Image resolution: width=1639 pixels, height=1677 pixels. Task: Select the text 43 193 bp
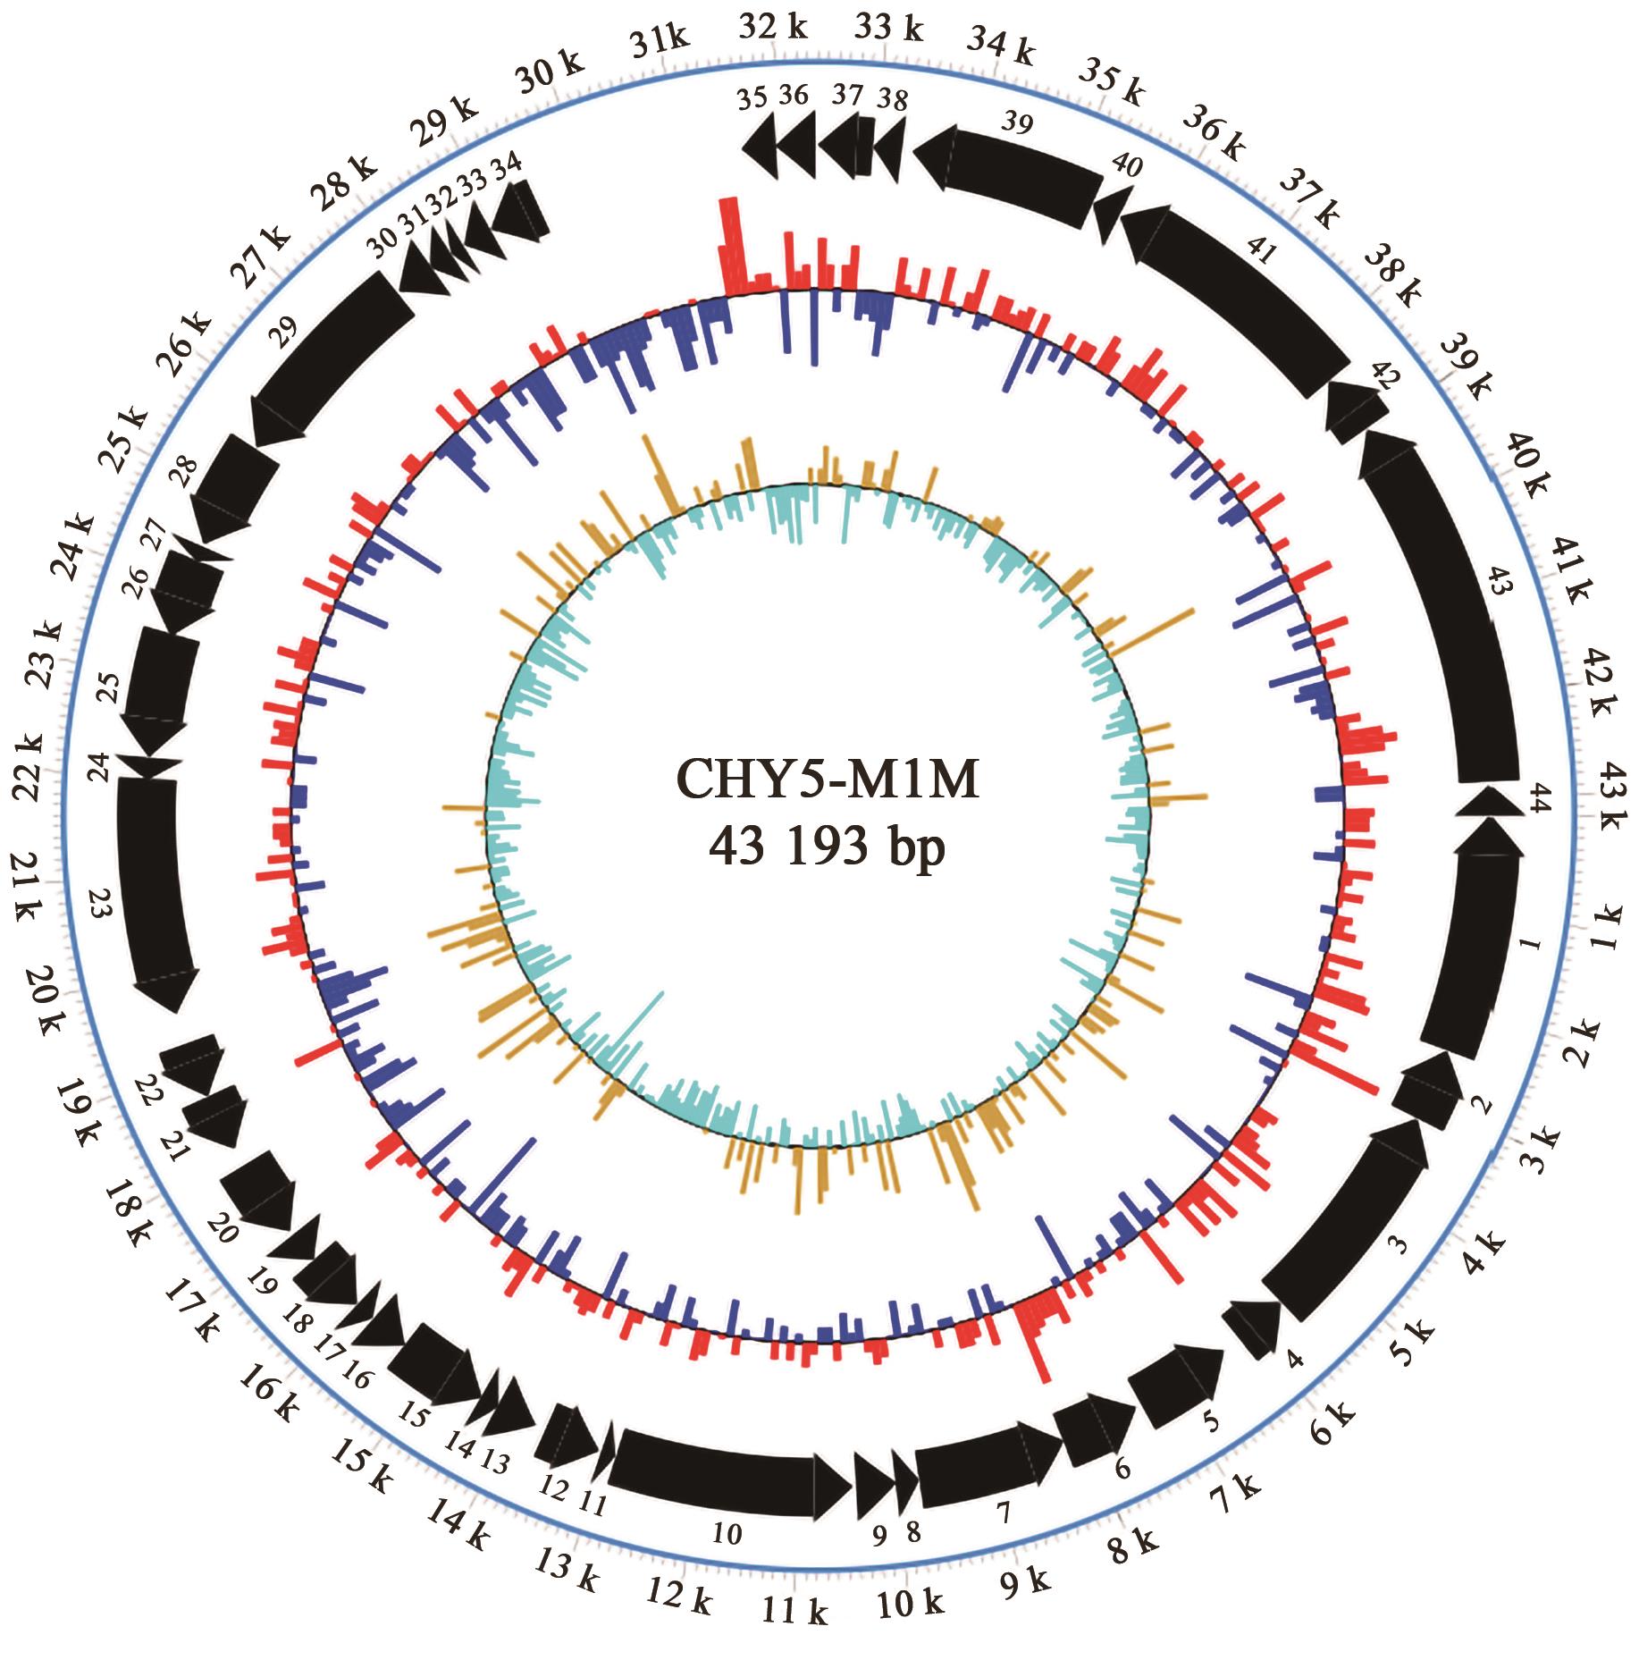coord(828,846)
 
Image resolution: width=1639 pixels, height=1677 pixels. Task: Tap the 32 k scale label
coord(772,28)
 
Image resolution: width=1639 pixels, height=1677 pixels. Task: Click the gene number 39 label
coord(1018,122)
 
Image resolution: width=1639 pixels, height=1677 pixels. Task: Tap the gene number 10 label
coord(727,1534)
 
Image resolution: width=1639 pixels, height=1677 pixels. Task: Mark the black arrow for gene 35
coord(761,151)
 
